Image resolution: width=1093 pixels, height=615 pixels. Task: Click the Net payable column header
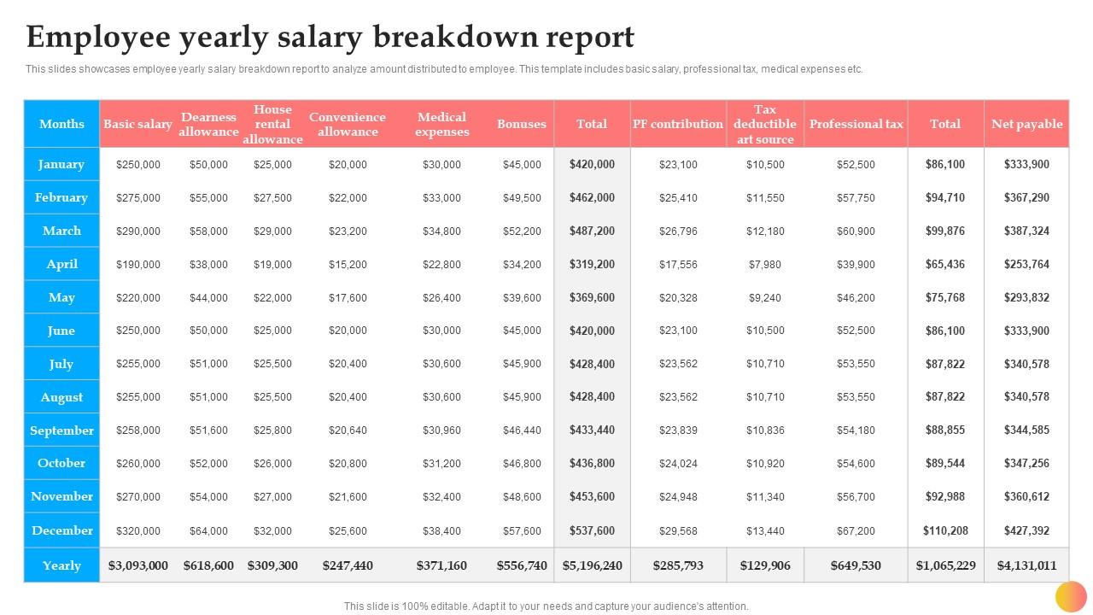pyautogui.click(x=1026, y=124)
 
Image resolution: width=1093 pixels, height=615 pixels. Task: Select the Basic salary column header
pyautogui.click(x=137, y=124)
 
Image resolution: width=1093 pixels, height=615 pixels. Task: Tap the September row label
pyautogui.click(x=61, y=430)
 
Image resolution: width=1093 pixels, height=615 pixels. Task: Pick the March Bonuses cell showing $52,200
pyautogui.click(x=522, y=231)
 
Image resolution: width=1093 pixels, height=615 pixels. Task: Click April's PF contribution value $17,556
pyautogui.click(x=678, y=264)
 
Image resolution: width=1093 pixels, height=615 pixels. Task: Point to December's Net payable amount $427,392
pyautogui.click(x=1026, y=530)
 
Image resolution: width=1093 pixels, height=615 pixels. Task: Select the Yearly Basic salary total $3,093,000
pyautogui.click(x=138, y=565)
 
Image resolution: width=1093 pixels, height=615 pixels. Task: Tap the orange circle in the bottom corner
pyautogui.click(x=1071, y=596)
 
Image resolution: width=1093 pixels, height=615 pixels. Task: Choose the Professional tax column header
pyautogui.click(x=856, y=124)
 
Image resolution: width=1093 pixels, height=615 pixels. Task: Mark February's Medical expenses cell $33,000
pyautogui.click(x=441, y=197)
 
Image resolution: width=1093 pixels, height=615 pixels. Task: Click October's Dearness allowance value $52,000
pyautogui.click(x=208, y=463)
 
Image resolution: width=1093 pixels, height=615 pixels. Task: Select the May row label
pyautogui.click(x=61, y=297)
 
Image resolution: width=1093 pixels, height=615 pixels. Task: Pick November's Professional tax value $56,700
pyautogui.click(x=856, y=496)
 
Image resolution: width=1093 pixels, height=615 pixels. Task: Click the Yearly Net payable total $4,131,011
pyautogui.click(x=1026, y=565)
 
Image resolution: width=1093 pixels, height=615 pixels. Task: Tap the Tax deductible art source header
pyautogui.click(x=764, y=124)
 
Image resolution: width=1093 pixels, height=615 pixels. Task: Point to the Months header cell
pyautogui.click(x=61, y=124)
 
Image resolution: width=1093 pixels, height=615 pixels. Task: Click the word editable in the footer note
pyautogui.click(x=444, y=606)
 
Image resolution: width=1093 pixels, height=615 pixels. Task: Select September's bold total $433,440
pyautogui.click(x=592, y=430)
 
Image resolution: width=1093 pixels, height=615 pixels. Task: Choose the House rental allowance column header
pyautogui.click(x=272, y=124)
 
